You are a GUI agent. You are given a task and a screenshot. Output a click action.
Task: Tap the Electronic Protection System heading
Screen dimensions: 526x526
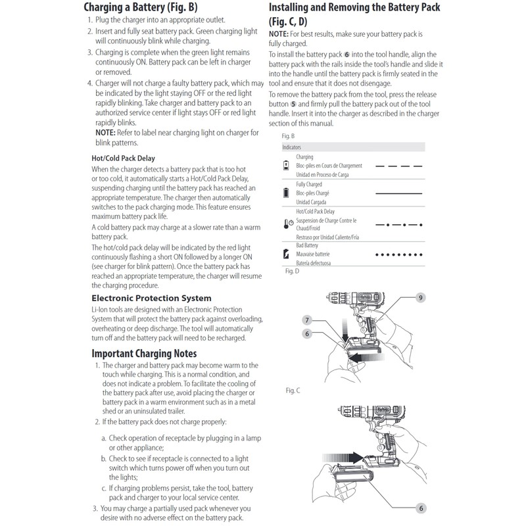(151, 298)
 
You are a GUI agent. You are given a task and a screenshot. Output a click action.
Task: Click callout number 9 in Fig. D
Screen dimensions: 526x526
(421, 298)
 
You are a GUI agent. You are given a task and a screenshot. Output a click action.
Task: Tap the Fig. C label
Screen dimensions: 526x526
(293, 391)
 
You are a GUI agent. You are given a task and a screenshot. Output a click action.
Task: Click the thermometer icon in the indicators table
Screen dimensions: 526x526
(287, 224)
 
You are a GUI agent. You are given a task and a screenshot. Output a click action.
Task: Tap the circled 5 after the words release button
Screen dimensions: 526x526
(294, 104)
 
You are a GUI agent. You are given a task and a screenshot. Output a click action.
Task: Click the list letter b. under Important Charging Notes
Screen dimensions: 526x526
(104, 458)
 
